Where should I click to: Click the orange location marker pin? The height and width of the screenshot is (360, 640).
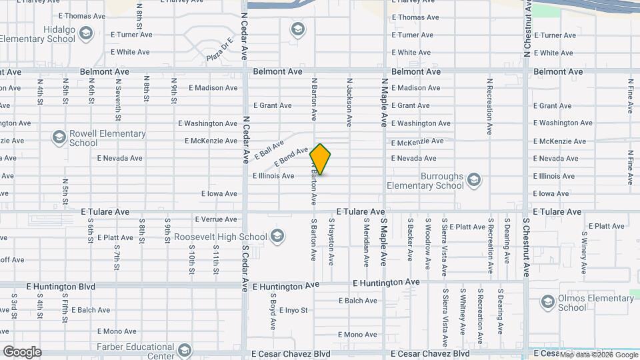point(321,159)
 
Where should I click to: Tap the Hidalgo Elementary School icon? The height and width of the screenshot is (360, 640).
point(85,32)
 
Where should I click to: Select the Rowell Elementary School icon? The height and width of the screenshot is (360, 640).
point(59,137)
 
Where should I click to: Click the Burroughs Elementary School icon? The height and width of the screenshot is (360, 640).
point(473,179)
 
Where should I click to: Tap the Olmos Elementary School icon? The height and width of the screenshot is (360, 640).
point(548,301)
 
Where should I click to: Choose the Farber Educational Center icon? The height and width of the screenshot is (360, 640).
point(185,350)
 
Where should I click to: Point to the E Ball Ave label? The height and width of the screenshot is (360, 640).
point(269,146)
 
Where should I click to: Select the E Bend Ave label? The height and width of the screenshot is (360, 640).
point(291,156)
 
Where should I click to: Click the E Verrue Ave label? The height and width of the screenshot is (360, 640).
point(216,219)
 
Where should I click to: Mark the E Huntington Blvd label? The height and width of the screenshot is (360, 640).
point(61,287)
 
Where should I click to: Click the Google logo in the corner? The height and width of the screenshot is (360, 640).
point(21,352)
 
